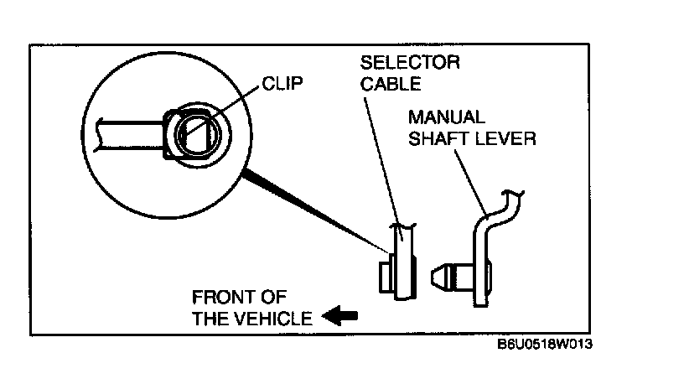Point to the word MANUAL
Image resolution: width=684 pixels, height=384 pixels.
click(445, 117)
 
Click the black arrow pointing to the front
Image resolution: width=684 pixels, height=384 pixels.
click(340, 317)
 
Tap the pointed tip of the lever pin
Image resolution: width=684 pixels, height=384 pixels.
click(434, 276)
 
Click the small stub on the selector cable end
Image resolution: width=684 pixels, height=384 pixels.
click(384, 276)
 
